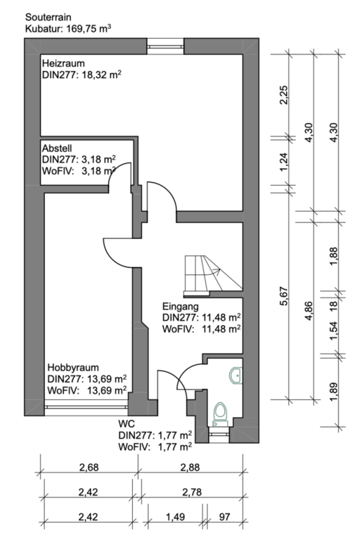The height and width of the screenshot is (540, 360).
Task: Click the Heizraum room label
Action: [63, 63]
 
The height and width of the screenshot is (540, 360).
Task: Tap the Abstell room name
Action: [57, 148]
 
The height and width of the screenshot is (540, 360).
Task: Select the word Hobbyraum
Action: [73, 368]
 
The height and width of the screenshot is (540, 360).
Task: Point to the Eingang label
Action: [180, 306]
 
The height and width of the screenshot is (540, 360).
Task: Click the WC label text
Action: [127, 423]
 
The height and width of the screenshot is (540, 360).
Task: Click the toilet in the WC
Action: [221, 414]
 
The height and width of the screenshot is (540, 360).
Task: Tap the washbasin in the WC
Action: [236, 375]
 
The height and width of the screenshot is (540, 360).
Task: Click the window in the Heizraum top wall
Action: [165, 46]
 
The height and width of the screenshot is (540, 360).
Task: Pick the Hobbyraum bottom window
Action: [86, 407]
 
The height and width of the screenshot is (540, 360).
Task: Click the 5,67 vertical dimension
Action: [284, 296]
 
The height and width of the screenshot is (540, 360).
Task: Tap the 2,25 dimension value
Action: [284, 95]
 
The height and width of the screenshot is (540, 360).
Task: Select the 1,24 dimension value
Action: [284, 162]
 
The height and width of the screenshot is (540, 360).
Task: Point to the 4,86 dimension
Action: [309, 311]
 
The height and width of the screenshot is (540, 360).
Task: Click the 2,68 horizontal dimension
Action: [89, 468]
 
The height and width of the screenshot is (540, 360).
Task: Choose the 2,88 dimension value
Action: [190, 468]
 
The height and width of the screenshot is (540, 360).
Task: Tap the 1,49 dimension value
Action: [175, 517]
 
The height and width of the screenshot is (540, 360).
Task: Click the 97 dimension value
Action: [224, 517]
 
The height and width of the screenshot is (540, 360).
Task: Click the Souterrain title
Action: [49, 17]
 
